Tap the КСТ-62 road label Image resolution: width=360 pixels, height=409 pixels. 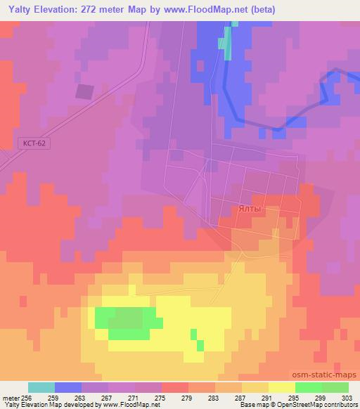point(34,143)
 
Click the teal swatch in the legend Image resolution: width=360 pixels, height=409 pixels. point(41,387)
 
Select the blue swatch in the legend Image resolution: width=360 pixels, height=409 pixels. point(68,387)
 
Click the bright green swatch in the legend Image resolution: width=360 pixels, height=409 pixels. point(308,387)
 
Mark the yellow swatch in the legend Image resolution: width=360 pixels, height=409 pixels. point(281,387)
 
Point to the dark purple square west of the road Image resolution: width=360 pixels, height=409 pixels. point(84,91)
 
